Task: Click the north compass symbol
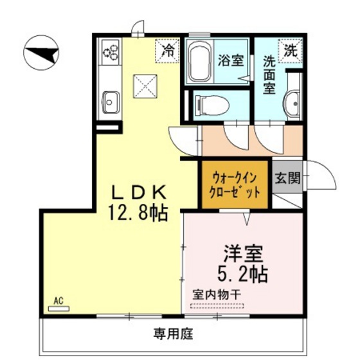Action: [41, 53]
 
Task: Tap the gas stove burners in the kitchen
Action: [111, 53]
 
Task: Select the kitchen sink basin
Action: [111, 102]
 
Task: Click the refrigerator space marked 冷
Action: [167, 51]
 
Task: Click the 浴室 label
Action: [231, 60]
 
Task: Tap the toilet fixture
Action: [212, 105]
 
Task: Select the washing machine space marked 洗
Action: [290, 51]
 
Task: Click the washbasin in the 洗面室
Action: [292, 104]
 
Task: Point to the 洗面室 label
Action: [269, 75]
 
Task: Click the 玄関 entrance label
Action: [288, 178]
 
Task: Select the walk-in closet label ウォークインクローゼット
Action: [235, 185]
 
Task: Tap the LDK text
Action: [139, 192]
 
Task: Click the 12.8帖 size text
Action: [138, 213]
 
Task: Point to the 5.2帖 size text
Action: [242, 274]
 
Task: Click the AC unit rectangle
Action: [59, 309]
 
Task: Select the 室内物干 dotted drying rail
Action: [217, 305]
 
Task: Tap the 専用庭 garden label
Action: [174, 334]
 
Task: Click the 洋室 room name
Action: [243, 254]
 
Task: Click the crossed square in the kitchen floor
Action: [145, 86]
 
